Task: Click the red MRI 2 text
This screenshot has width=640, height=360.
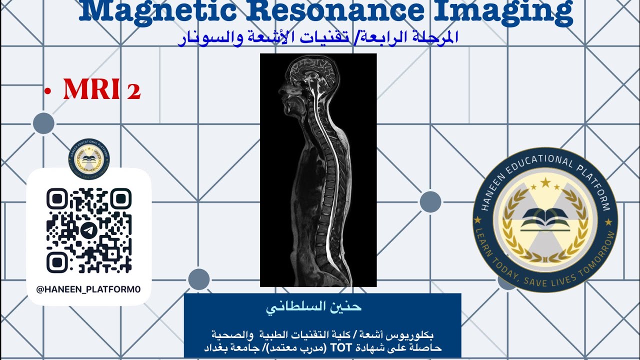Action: pyautogui.click(x=101, y=90)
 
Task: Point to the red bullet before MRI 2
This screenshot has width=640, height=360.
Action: pyautogui.click(x=48, y=91)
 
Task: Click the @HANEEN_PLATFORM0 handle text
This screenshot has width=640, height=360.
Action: pyautogui.click(x=88, y=289)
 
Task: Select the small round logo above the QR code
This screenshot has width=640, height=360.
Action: pyautogui.click(x=88, y=159)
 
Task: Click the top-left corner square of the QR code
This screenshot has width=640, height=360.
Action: pyautogui.click(x=57, y=198)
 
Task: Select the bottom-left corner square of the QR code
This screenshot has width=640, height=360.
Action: pyautogui.click(x=57, y=262)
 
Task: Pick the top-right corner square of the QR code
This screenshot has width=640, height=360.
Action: pyautogui.click(x=120, y=198)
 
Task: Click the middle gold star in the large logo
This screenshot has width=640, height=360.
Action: pyautogui.click(x=544, y=183)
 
